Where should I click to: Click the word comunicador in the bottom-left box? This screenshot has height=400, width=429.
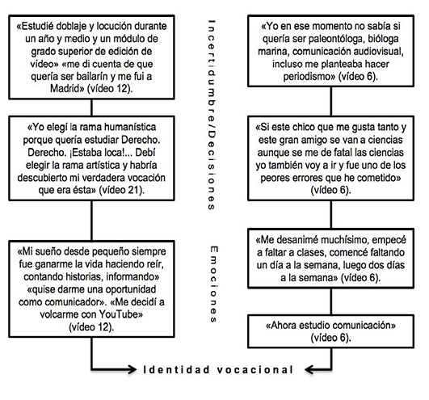[x=77, y=303]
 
